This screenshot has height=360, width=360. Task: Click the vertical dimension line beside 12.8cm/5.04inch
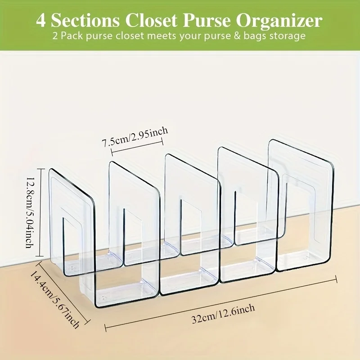pyautogui.click(x=43, y=213)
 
